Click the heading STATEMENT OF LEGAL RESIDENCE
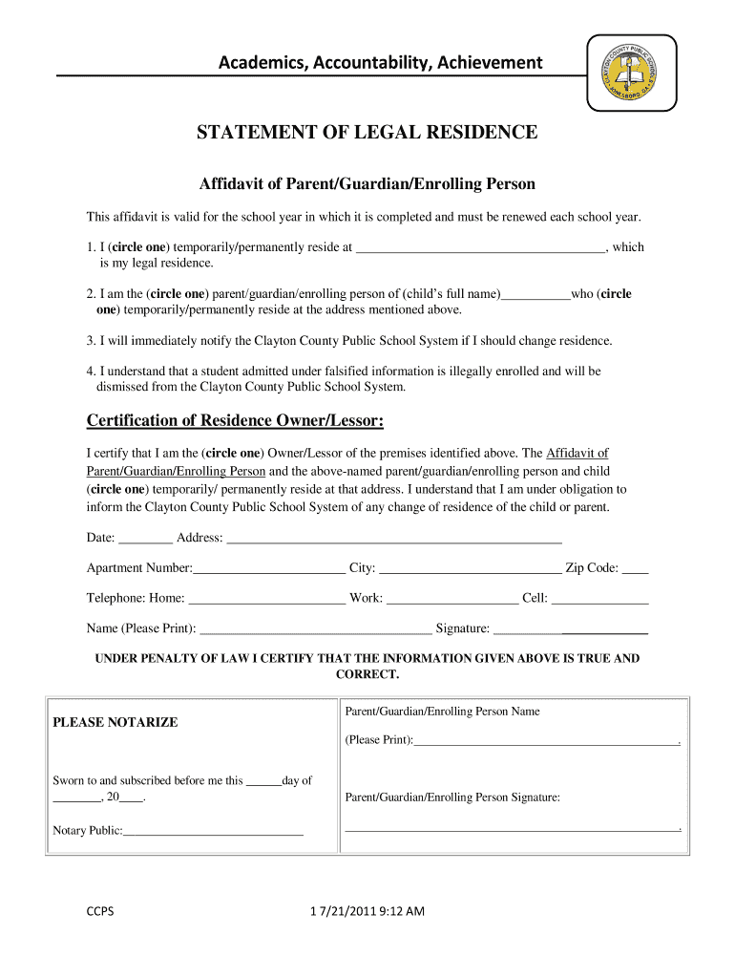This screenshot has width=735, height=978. [x=367, y=133]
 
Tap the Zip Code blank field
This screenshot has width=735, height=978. [x=635, y=571]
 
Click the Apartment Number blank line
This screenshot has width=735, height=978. [x=268, y=571]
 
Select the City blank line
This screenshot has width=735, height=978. [x=471, y=571]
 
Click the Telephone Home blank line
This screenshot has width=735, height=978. [x=267, y=602]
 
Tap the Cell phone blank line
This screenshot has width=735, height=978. [x=600, y=602]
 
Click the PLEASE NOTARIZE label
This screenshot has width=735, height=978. [x=115, y=723]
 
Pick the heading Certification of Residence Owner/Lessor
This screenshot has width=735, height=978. [x=235, y=421]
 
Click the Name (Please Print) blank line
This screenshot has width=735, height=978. [x=315, y=631]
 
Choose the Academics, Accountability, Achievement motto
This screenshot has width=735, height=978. [x=380, y=63]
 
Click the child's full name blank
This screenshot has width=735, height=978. [x=535, y=297]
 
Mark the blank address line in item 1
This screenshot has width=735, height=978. [x=480, y=250]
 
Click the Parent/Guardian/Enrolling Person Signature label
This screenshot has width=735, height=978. [x=452, y=797]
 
